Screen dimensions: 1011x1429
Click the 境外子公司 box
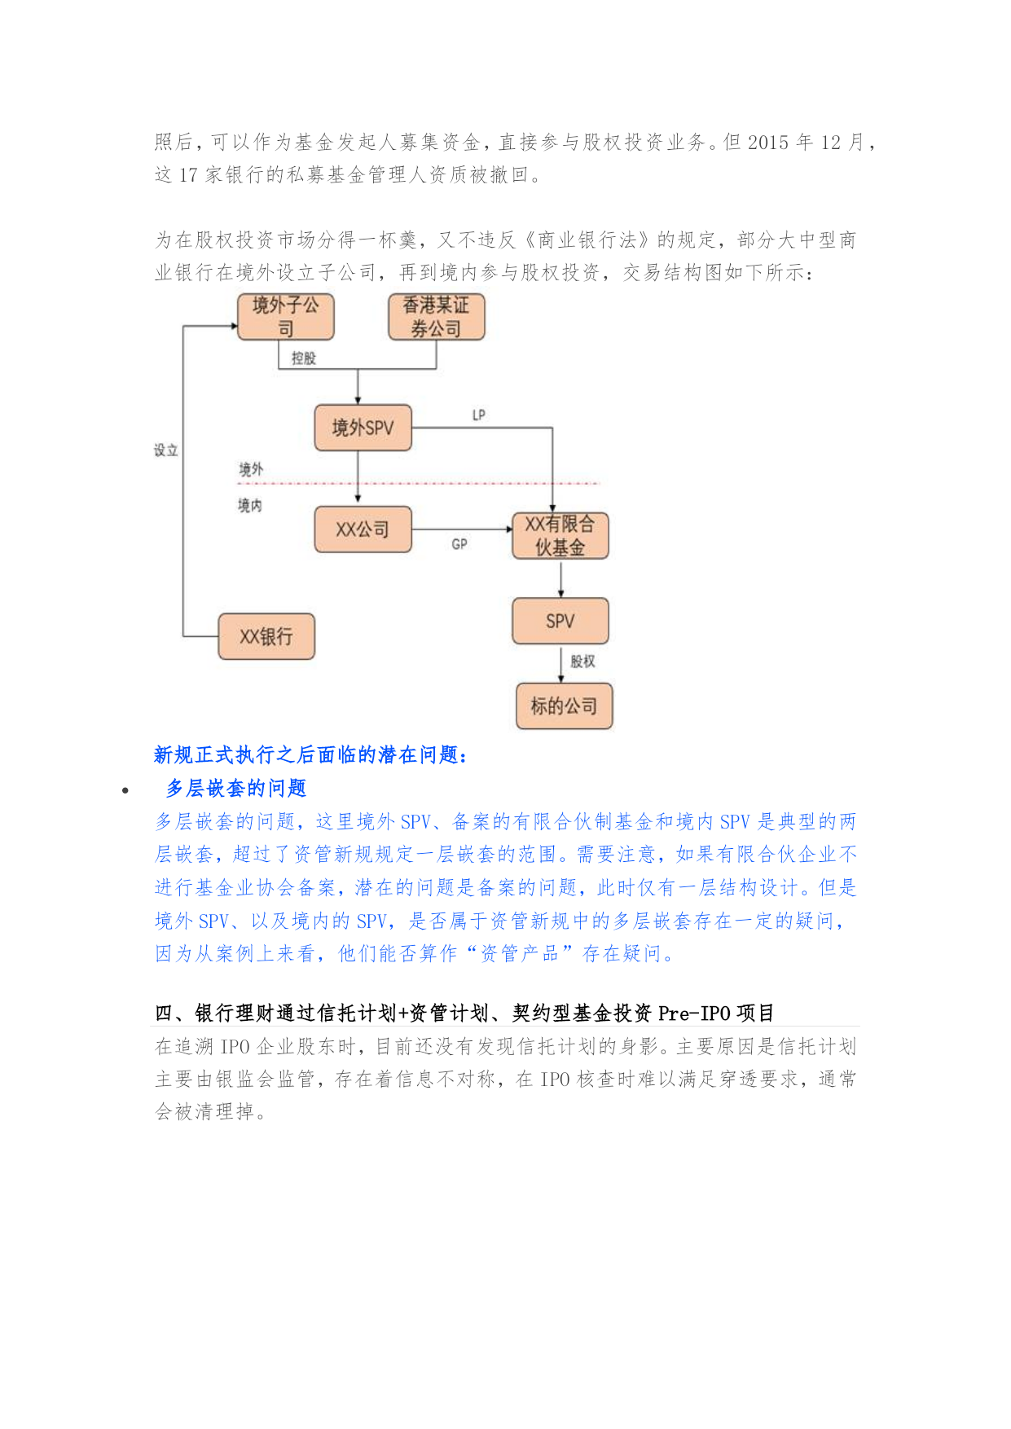(285, 317)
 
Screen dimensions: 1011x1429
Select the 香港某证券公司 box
(437, 317)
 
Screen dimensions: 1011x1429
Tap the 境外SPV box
(363, 428)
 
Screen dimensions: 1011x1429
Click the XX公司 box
(363, 530)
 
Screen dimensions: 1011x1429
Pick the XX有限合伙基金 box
(560, 535)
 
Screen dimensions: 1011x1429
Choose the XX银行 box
(266, 636)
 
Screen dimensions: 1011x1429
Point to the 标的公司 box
(564, 706)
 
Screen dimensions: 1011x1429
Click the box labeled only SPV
(560, 621)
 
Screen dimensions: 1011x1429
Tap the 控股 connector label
(304, 358)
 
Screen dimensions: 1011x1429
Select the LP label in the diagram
(479, 416)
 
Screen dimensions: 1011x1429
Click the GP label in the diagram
(459, 543)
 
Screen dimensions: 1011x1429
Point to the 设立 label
(166, 451)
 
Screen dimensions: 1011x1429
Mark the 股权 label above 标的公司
(582, 662)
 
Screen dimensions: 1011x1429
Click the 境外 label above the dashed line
(251, 469)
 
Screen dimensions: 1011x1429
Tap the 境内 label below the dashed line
(250, 506)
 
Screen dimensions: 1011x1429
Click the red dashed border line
(418, 484)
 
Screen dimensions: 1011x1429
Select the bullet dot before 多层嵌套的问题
(125, 790)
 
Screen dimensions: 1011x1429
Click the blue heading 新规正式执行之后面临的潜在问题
(311, 755)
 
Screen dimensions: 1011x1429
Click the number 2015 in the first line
(768, 143)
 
